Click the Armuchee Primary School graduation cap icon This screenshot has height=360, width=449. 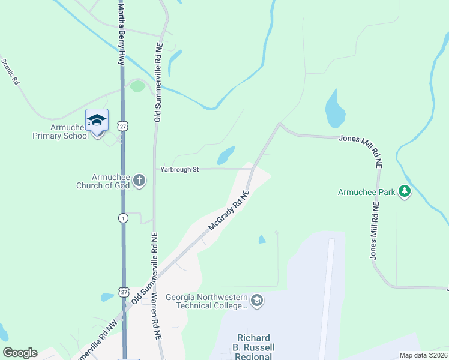[x=97, y=119]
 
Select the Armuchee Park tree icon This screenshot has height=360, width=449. [x=405, y=191]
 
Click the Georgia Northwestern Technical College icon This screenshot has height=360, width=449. [x=257, y=300]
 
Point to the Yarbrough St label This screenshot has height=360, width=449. [x=179, y=170]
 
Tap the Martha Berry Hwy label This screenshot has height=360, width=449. [x=121, y=33]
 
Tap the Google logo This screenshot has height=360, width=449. [x=20, y=353]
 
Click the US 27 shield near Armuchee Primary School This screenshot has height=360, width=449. [x=123, y=126]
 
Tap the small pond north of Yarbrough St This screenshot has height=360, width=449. [x=226, y=155]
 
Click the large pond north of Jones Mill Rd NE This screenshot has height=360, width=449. [x=334, y=109]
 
